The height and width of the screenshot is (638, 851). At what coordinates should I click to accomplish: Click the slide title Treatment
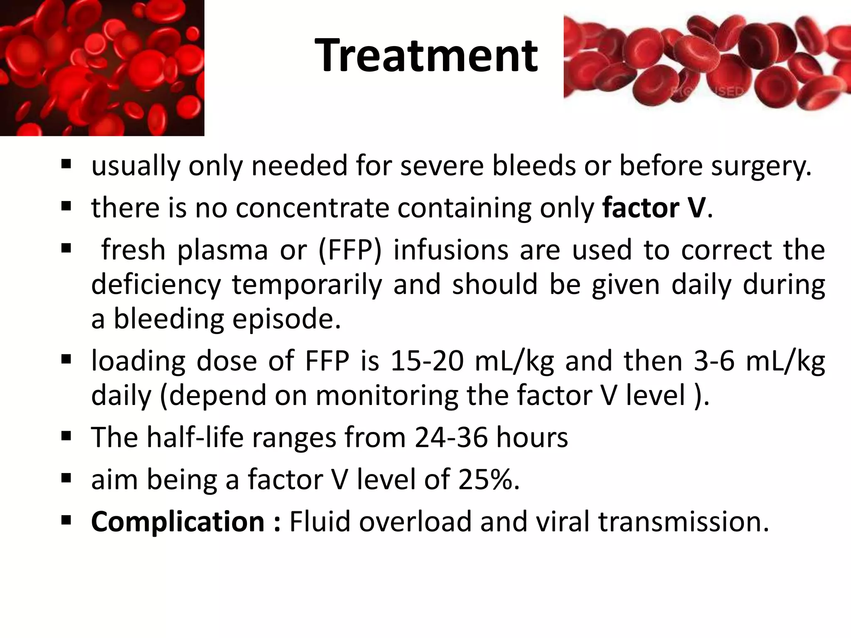pyautogui.click(x=426, y=55)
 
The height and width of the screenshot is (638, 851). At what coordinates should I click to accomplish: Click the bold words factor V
pyautogui.click(x=654, y=207)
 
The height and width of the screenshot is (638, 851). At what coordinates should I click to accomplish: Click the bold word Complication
pyautogui.click(x=178, y=522)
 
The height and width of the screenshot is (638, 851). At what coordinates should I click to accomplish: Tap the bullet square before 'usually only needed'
pyautogui.click(x=66, y=164)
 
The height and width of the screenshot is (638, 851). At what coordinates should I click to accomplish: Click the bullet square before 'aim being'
pyautogui.click(x=66, y=479)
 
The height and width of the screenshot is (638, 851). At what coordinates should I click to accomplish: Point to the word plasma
pyautogui.click(x=222, y=250)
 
